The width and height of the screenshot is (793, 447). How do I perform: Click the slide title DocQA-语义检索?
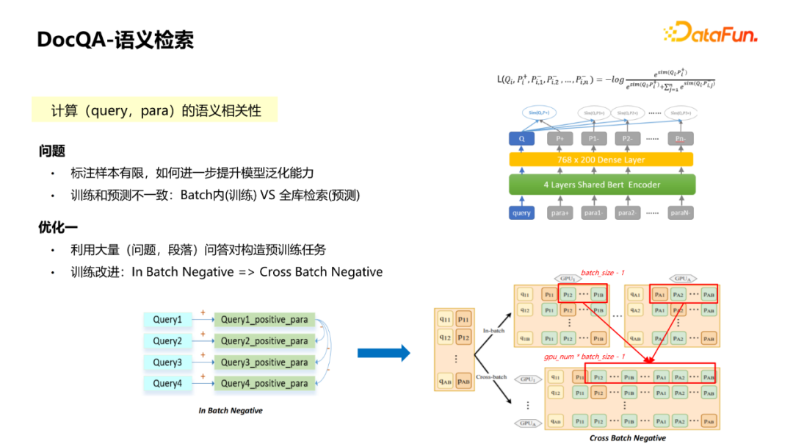point(115,40)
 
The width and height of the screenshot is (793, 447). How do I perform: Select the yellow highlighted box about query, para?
point(155,110)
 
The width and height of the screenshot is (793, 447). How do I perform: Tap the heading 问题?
point(52,151)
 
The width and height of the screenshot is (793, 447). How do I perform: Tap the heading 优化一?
point(57,227)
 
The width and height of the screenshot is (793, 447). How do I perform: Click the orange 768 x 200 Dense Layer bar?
point(601,160)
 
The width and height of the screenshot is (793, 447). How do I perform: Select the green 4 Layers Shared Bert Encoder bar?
point(601,185)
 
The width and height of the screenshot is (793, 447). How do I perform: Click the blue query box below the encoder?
point(521,213)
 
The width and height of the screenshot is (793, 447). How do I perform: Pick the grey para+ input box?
point(560,213)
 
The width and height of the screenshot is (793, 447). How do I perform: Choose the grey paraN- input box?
point(681,213)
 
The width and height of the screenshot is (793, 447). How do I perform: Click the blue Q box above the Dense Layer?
point(521,138)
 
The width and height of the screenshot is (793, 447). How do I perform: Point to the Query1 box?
point(167,320)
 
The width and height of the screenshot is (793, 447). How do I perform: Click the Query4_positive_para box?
point(264,384)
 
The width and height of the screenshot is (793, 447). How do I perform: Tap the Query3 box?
point(167,362)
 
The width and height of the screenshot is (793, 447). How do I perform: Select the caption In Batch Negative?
point(230,410)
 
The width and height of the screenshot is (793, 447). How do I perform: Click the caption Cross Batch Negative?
point(627,438)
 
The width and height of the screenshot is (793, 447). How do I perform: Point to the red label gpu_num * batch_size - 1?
point(584,357)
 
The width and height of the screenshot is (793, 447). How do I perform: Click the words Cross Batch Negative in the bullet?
point(321,272)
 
